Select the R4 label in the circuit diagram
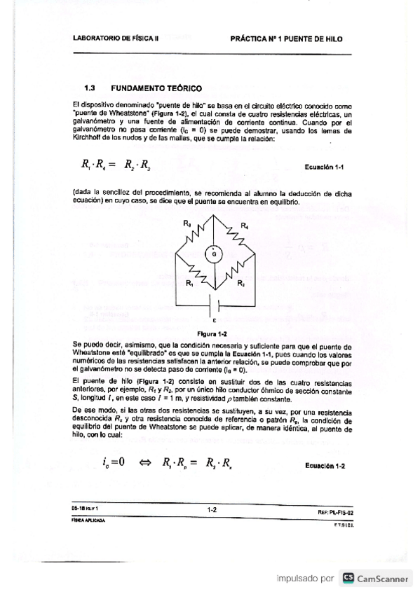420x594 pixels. coord(244,225)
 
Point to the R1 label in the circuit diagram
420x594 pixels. coord(189,284)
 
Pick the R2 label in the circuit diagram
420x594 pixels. coord(241,284)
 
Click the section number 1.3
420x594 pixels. coord(89,89)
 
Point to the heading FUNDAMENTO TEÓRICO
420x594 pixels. coord(155,89)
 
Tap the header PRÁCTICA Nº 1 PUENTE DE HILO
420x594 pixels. coord(286,40)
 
